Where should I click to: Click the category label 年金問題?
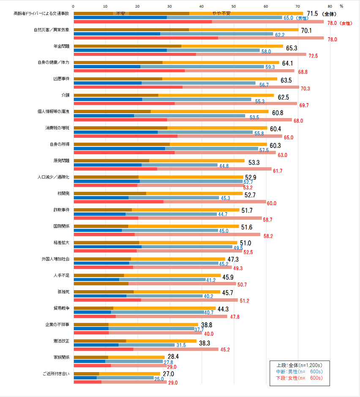click(x=62, y=46)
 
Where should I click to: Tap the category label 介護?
click(x=65, y=95)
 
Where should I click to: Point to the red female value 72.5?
click(x=313, y=56)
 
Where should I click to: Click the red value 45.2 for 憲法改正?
click(x=225, y=350)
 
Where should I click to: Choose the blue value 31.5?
click(x=181, y=345)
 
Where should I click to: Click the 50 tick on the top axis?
click(x=234, y=6)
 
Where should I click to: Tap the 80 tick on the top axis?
click(x=330, y=6)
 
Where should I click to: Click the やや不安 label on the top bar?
click(x=221, y=14)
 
